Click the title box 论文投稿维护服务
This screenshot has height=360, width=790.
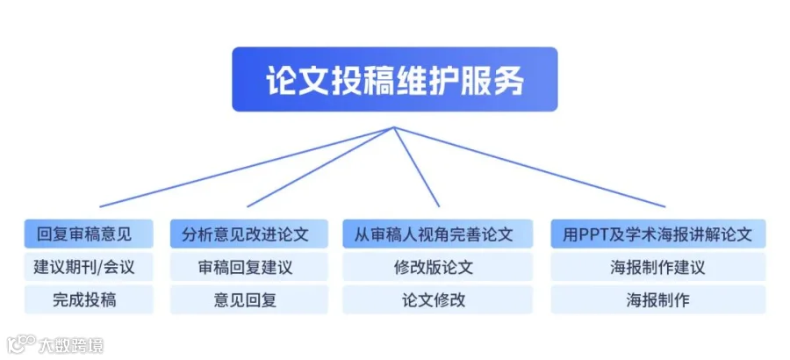pyautogui.click(x=394, y=79)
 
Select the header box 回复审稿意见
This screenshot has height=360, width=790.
pyautogui.click(x=89, y=234)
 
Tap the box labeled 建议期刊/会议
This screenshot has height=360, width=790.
pyautogui.click(x=89, y=267)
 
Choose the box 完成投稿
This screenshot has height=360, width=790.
pyautogui.click(x=89, y=300)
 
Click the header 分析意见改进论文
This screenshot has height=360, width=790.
pyautogui.click(x=249, y=234)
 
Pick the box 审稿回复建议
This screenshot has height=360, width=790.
pyautogui.click(x=249, y=267)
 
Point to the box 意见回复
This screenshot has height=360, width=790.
pyautogui.click(x=249, y=300)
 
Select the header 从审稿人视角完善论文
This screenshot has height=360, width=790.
pyautogui.click(x=437, y=234)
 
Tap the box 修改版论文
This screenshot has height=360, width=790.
pyautogui.click(x=437, y=267)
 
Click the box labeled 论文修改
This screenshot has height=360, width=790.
pyautogui.click(x=437, y=300)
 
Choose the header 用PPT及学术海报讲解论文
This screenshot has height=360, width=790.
pyautogui.click(x=658, y=234)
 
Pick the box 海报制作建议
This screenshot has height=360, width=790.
pyautogui.click(x=658, y=267)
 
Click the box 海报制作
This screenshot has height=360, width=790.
pyautogui.click(x=658, y=300)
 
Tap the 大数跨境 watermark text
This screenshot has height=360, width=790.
pyautogui.click(x=71, y=345)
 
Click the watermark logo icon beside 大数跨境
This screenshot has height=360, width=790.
pyautogui.click(x=21, y=344)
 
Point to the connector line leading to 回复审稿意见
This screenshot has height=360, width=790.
pyautogui.click(x=247, y=167)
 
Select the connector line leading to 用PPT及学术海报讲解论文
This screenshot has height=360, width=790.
pyautogui.click(x=529, y=167)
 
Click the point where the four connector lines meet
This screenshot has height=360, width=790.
pyautogui.click(x=393, y=127)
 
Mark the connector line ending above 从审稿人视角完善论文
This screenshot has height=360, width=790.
pyautogui.click(x=416, y=167)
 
